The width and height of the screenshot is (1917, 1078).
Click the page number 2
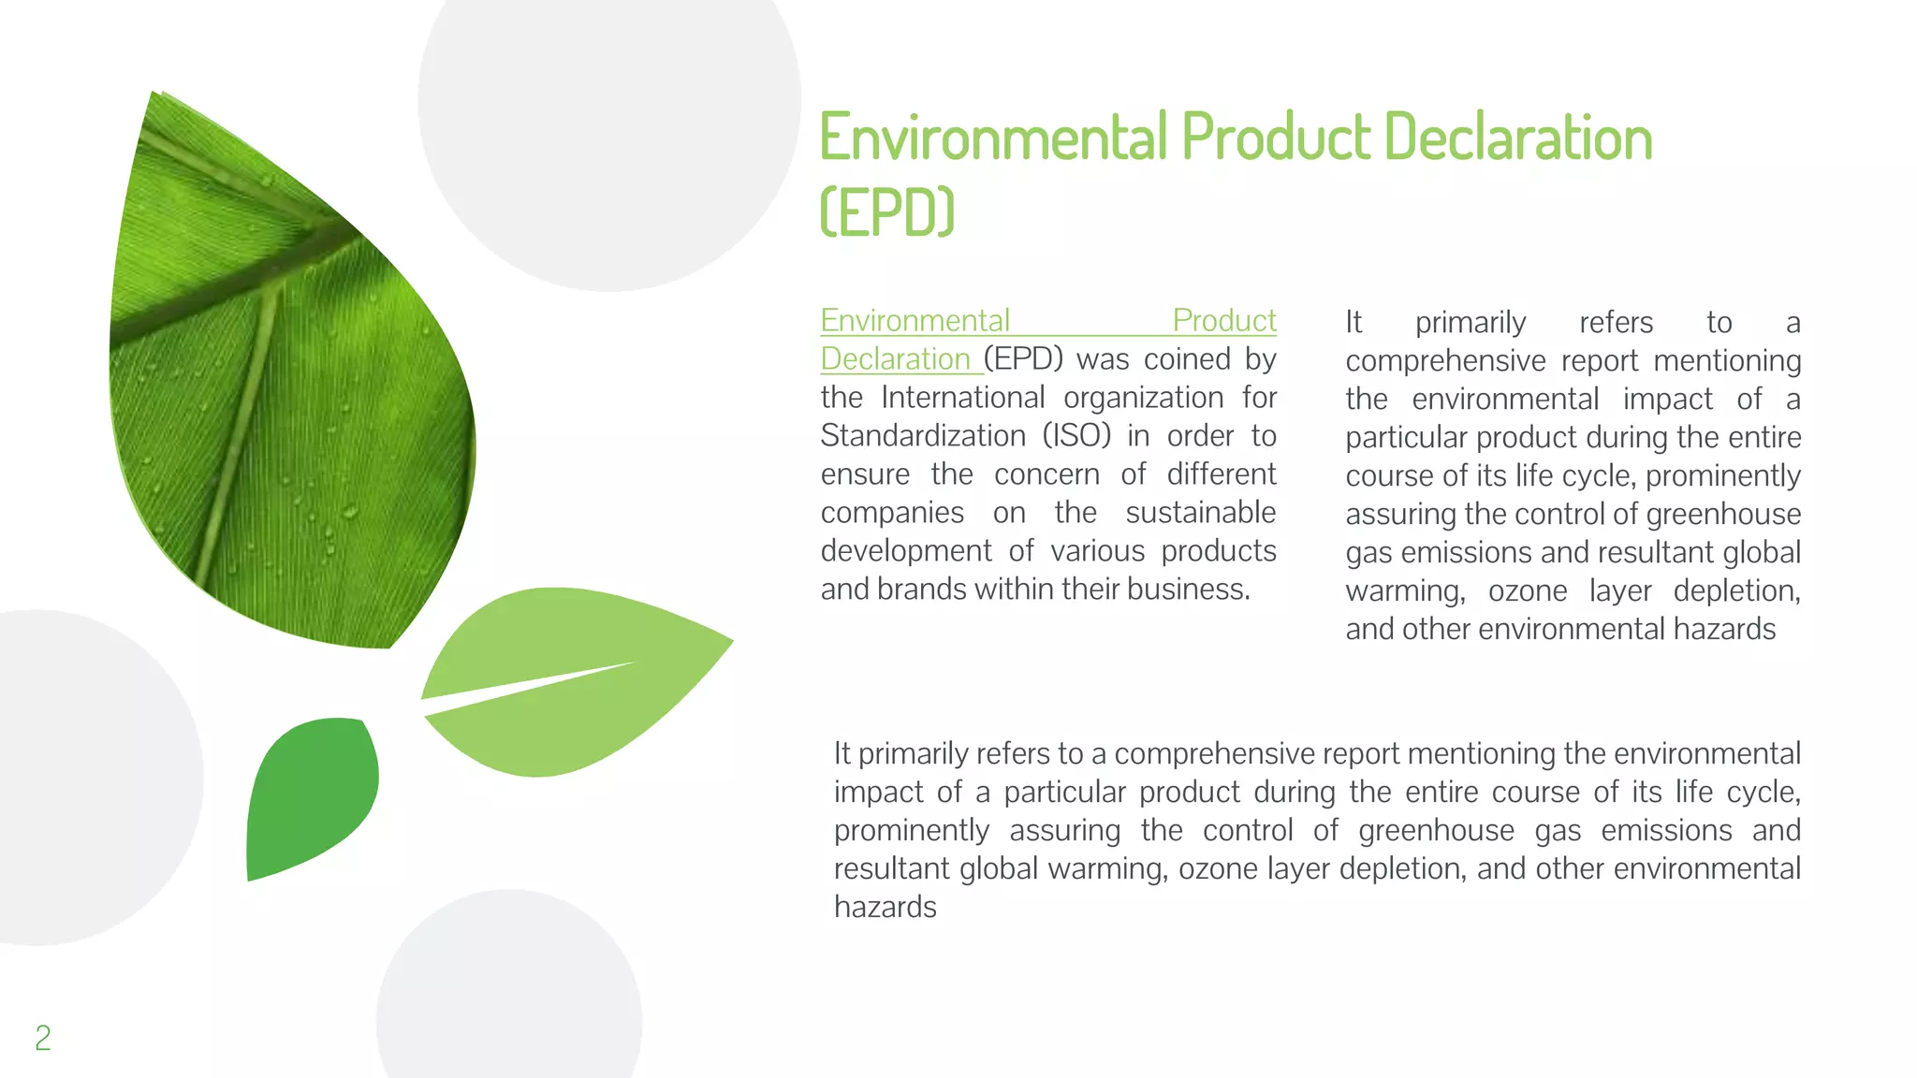tap(43, 1038)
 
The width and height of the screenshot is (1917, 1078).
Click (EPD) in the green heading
tap(886, 212)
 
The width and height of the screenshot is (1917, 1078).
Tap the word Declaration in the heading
tap(1518, 137)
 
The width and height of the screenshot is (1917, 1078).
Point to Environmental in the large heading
tap(994, 137)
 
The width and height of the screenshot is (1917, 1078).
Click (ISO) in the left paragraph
tap(1076, 436)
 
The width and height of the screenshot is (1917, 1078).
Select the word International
tap(962, 398)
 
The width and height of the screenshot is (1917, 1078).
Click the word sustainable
tap(1200, 513)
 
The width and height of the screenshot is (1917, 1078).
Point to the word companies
tap(892, 513)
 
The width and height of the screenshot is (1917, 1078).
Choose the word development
tap(905, 551)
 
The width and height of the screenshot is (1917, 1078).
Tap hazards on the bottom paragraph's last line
tap(885, 907)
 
